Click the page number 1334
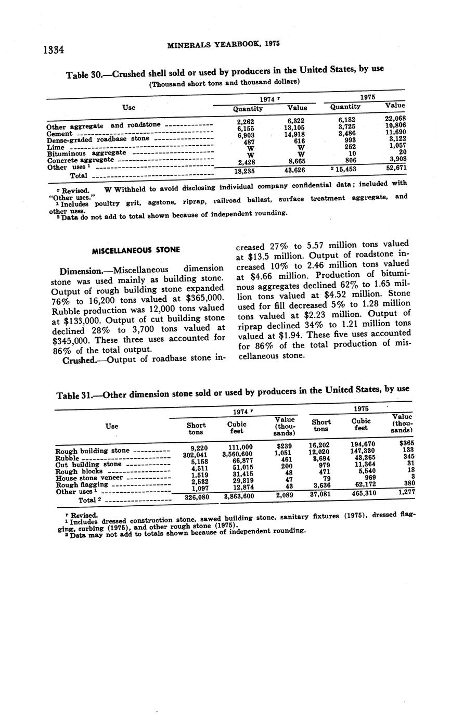pyautogui.click(x=53, y=50)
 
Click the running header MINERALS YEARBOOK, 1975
pyautogui.click(x=224, y=45)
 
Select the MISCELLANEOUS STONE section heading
pyautogui.click(x=136, y=250)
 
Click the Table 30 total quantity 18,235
pyautogui.click(x=244, y=171)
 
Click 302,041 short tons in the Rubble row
pyautogui.click(x=195, y=454)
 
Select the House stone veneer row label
pyautogui.click(x=89, y=478)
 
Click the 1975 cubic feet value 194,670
pyautogui.click(x=363, y=444)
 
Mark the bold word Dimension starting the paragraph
pyautogui.click(x=83, y=271)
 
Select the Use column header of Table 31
pyautogui.click(x=111, y=426)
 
